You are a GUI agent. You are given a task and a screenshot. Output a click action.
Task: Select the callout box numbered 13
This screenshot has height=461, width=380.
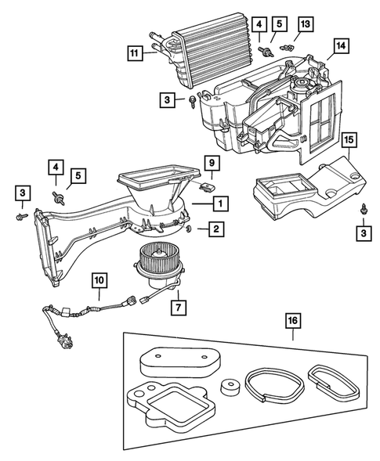pos(305,26)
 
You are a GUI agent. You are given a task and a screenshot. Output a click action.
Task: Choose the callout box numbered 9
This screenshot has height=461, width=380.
pos(212,164)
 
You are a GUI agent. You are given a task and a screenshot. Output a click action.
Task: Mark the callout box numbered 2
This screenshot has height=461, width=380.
pos(212,229)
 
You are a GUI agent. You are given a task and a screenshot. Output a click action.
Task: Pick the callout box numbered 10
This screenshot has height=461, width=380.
pos(100,280)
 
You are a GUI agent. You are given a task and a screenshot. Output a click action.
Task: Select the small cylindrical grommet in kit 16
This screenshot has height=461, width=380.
pos(230,390)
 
